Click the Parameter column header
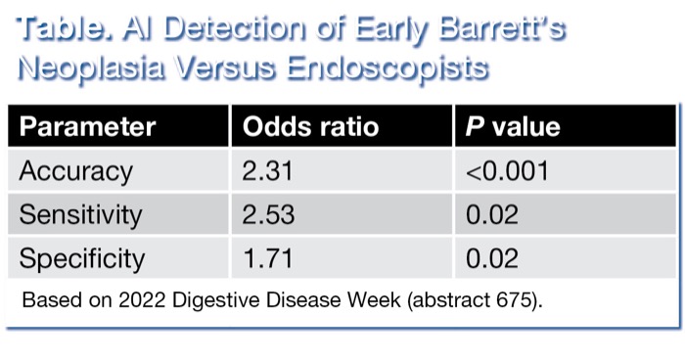87,127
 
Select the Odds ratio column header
309,127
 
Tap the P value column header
513,127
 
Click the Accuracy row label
75,171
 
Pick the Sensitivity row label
80,214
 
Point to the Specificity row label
82,258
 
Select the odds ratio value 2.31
268,171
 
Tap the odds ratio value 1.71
267,258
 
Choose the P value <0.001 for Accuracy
507,171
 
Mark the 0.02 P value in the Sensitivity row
492,214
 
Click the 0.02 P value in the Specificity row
492,258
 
